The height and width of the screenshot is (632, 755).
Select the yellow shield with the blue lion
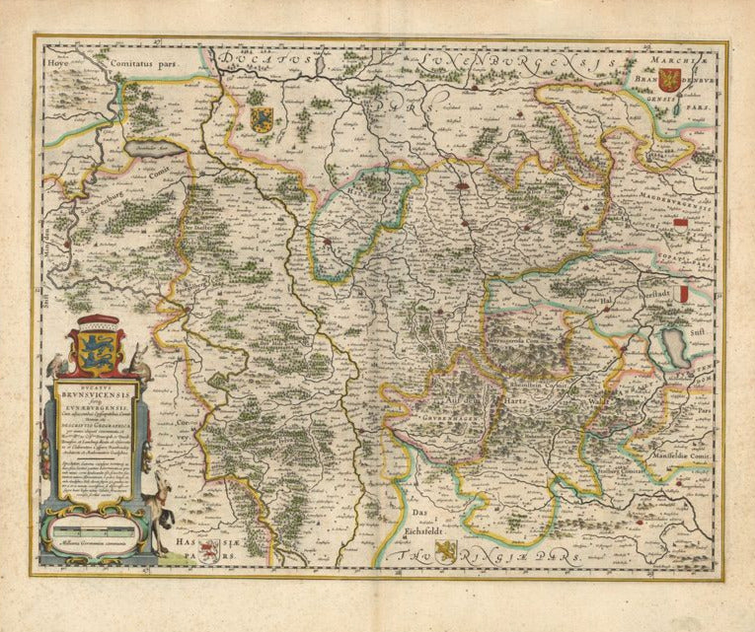pyautogui.click(x=261, y=119)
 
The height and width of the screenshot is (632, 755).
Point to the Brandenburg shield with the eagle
pyautogui.click(x=672, y=78)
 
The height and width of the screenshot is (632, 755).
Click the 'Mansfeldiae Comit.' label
pyautogui.click(x=681, y=456)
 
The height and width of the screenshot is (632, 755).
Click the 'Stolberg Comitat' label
pyautogui.click(x=632, y=471)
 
